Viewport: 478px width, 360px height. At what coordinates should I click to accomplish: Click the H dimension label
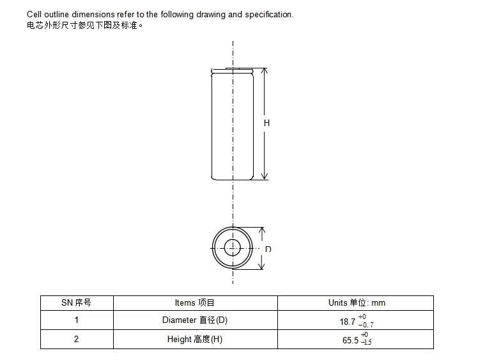point(266,123)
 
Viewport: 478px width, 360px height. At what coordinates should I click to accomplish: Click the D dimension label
point(268,249)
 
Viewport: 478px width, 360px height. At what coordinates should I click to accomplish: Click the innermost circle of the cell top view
point(233,247)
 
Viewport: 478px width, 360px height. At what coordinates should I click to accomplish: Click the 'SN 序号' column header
point(76,302)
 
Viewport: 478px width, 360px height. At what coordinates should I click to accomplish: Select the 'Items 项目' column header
point(195,302)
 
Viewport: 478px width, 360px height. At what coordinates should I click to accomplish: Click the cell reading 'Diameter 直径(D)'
point(195,320)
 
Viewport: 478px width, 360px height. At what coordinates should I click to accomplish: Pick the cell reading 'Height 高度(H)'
point(195,339)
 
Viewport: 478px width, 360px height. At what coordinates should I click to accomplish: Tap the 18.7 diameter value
point(348,322)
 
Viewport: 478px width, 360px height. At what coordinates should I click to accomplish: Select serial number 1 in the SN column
point(76,320)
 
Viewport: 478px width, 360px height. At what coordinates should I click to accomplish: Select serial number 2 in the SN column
point(76,339)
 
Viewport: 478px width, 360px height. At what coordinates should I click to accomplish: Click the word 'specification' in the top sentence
point(268,14)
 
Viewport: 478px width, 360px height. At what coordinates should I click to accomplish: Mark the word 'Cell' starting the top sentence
point(34,14)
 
